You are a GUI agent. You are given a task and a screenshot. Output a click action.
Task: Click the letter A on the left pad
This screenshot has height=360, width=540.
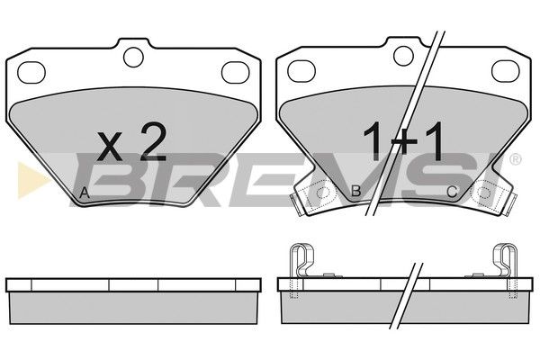[85, 193]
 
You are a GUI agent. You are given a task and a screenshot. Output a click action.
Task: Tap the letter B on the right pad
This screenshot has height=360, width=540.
[355, 191]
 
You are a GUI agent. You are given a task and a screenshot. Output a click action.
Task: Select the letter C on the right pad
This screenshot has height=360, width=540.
[452, 192]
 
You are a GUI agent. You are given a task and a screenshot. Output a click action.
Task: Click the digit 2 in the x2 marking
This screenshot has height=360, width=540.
[153, 142]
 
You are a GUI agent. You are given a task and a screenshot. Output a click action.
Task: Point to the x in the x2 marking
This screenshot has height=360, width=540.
[110, 147]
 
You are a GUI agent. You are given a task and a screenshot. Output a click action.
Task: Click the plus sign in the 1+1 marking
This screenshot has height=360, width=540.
[402, 144]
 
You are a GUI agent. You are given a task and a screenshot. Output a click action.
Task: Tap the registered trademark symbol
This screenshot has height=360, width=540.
[515, 159]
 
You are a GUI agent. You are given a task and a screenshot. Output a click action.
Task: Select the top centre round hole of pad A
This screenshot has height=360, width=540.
[133, 57]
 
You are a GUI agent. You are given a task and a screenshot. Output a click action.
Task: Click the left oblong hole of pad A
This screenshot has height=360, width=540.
[31, 72]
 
